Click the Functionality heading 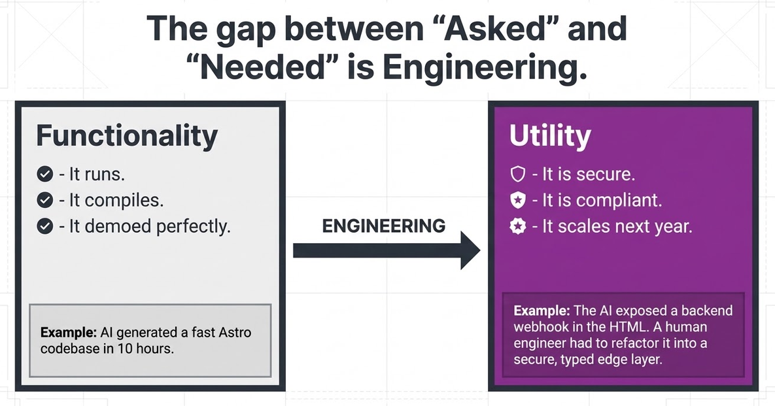tap(127, 136)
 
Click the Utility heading tap(550, 136)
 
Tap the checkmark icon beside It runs tap(45, 174)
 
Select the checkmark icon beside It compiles tap(45, 200)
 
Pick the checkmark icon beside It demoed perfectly tap(45, 226)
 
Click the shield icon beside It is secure tap(517, 174)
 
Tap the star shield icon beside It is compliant tap(517, 200)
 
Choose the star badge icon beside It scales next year tap(517, 226)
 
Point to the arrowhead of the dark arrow tap(480, 250)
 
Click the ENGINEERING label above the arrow tap(383, 226)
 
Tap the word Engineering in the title tap(485, 69)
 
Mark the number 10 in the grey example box tap(124, 348)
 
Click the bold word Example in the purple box tap(542, 311)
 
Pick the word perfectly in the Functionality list tap(193, 227)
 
